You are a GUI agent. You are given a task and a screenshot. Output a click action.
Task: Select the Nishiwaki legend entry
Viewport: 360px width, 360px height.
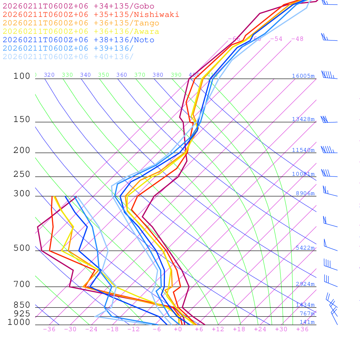[91, 14]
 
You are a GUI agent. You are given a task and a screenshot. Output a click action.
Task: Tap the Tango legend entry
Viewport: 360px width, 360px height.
[81, 23]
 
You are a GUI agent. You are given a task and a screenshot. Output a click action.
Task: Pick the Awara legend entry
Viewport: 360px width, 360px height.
[81, 32]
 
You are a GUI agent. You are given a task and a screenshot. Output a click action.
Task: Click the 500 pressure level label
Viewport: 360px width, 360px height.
[22, 248]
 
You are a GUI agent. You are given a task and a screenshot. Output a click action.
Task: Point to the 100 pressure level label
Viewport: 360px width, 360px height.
[22, 76]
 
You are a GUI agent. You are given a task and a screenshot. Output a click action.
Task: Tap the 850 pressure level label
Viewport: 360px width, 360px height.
[22, 305]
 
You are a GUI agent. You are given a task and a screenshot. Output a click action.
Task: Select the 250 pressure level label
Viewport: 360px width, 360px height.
[22, 174]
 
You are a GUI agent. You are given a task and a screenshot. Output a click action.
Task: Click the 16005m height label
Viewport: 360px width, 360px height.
[303, 76]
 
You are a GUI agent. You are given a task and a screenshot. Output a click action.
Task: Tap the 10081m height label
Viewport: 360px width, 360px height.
[303, 174]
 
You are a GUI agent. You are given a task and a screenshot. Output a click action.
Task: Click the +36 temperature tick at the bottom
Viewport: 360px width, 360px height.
[302, 329]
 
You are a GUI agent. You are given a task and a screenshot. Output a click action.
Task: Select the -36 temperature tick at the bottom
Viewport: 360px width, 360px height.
[49, 329]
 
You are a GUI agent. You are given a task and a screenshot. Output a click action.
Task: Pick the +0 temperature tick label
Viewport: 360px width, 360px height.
[178, 329]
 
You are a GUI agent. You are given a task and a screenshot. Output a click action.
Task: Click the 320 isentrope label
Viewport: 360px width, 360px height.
[49, 75]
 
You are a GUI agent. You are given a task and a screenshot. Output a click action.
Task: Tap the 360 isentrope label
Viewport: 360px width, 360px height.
[122, 75]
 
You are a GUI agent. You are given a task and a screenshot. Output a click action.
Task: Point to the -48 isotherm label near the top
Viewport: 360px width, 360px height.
[297, 39]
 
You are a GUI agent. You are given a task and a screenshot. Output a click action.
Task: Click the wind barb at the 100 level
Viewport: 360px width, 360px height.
[329, 75]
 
